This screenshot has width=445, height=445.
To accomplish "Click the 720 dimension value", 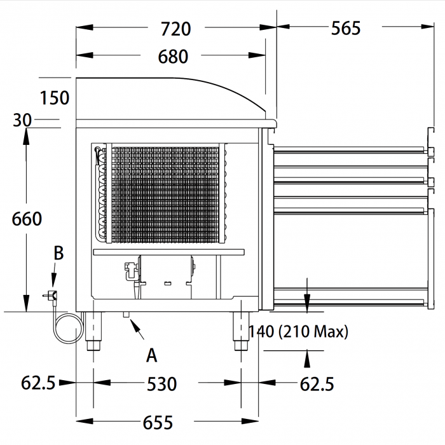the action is point(175,29).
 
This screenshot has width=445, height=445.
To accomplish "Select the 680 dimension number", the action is point(173,57).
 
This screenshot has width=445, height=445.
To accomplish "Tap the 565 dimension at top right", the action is point(346,28).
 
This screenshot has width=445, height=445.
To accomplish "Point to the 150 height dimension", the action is point(55,98).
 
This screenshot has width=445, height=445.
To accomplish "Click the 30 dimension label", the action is point(22,120).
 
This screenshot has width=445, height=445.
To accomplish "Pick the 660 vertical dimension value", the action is point(27,219).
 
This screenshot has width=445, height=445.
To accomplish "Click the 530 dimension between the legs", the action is point(161,384).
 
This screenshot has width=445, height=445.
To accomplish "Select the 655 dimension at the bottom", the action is point(158,423).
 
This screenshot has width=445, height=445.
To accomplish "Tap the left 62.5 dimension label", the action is point(38,383).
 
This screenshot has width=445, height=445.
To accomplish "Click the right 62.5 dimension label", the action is point(317,384).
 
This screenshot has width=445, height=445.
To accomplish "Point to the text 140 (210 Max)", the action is point(298,331).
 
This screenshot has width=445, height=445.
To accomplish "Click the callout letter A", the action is point(151,355).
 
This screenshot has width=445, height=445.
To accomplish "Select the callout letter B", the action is point(58,253).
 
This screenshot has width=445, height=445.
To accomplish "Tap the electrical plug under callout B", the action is point(50,296).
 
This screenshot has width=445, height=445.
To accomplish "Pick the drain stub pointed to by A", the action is point(126,315).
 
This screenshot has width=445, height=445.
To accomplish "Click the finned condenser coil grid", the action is point(165,195).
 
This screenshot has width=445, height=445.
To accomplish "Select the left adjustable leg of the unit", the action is point(93,331).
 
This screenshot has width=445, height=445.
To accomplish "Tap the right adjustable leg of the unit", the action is point(241,331).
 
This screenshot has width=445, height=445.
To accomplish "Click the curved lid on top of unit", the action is point(170,99).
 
